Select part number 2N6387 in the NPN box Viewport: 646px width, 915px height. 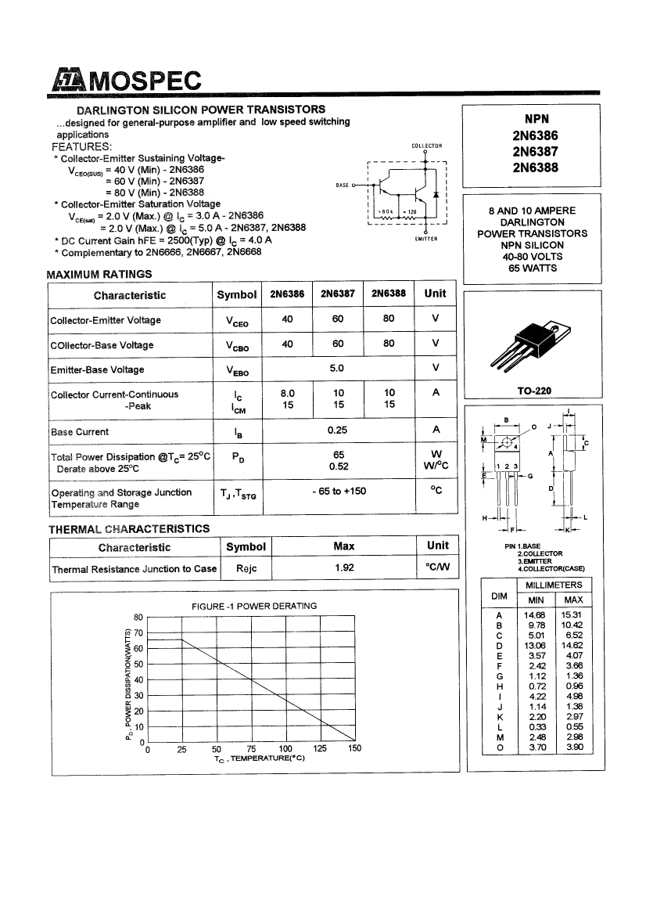[x=536, y=151]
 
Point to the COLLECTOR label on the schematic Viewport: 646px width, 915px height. [x=426, y=146]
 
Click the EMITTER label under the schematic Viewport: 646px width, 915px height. [x=426, y=239]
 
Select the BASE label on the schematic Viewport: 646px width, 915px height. [x=342, y=186]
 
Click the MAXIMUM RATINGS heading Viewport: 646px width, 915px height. [x=99, y=274]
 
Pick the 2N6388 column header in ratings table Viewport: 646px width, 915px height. [x=389, y=294]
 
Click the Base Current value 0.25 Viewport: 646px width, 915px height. [x=338, y=430]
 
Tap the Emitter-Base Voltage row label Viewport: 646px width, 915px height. [x=98, y=369]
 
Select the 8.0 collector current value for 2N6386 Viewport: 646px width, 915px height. [x=287, y=394]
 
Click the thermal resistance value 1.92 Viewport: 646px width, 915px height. [x=344, y=568]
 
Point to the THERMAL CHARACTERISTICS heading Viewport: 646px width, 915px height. [x=129, y=529]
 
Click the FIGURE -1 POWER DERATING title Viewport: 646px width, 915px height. [x=254, y=606]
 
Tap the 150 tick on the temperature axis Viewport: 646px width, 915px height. [x=354, y=749]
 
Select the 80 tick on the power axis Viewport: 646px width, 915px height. [x=138, y=617]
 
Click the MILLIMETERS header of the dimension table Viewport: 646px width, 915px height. [x=554, y=585]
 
